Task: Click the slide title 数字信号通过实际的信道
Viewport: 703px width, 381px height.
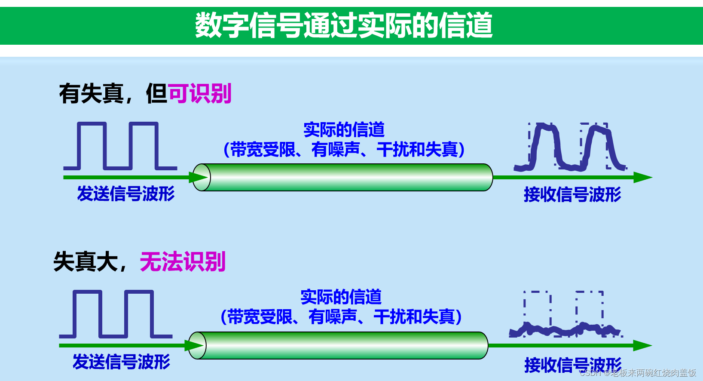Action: point(344,25)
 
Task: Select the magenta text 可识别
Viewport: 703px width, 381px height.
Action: point(200,93)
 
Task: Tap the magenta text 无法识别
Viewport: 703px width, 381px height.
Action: point(183,261)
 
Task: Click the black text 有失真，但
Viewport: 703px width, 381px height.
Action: point(113,94)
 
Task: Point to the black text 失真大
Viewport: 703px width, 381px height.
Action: point(86,261)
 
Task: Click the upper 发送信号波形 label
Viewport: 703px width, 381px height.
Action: point(125,194)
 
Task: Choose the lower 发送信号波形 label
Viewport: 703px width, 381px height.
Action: point(121,362)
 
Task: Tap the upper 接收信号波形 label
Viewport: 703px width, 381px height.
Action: point(572,194)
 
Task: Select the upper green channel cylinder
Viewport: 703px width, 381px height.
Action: point(344,177)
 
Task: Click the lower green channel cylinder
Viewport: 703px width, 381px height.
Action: point(339,345)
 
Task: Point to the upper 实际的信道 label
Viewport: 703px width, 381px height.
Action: point(344,129)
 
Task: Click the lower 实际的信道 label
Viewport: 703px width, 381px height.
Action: point(341,297)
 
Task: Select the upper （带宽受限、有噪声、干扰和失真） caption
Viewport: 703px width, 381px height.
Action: point(344,150)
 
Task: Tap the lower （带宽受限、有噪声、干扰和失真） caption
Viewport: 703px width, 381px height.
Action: point(341,317)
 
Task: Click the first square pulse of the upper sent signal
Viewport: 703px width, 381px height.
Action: point(92,124)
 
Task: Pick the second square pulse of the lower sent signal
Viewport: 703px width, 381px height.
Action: point(139,292)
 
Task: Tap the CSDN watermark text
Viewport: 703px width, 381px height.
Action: point(638,373)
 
